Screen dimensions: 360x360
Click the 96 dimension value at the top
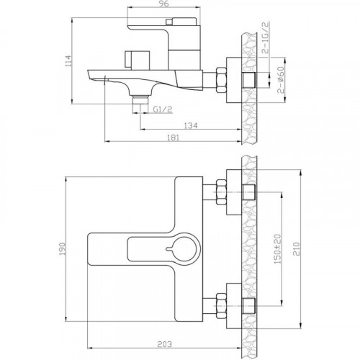click(164, 4)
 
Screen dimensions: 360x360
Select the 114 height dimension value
click(68, 61)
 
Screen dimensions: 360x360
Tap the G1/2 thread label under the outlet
click(163, 109)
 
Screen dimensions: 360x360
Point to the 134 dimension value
click(191, 125)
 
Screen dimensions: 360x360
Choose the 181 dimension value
click(173, 138)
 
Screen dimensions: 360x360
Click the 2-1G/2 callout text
click(266, 37)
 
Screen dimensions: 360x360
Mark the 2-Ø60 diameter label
click(281, 80)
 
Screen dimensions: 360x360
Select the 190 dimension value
click(62, 249)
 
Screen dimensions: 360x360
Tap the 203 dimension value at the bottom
click(164, 344)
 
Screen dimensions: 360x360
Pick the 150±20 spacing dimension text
click(278, 249)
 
